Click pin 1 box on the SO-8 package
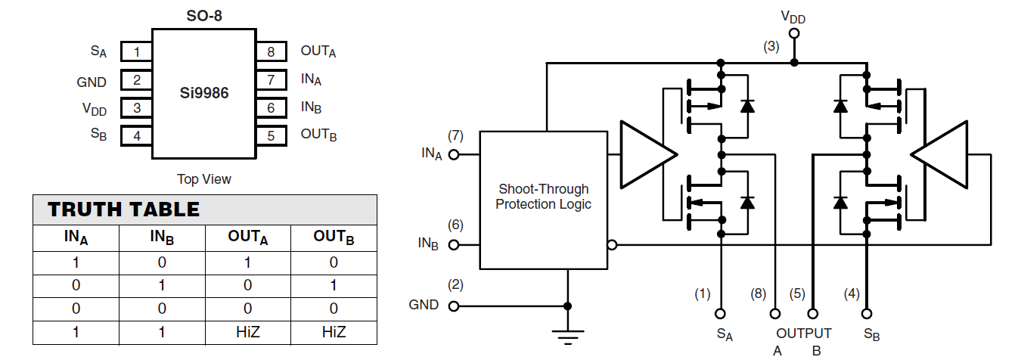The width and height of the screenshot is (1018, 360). pos(137,52)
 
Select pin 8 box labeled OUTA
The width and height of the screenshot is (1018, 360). pos(271,52)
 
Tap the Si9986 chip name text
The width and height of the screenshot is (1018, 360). pos(203,94)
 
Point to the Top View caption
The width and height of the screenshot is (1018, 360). pos(203,179)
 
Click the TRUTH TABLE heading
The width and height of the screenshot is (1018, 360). pos(124,209)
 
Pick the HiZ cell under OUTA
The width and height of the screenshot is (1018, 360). pos(248,332)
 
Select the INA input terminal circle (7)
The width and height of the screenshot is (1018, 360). pos(454,154)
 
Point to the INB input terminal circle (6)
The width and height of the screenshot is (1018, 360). pos(454,245)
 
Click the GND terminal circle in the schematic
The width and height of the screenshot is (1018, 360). pos(454,306)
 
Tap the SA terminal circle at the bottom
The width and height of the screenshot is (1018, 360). pos(721,312)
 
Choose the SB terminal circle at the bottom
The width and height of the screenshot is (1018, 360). pos(867,312)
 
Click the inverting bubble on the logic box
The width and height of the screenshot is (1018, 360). pos(612,245)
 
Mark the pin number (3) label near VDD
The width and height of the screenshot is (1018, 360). pos(771,46)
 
